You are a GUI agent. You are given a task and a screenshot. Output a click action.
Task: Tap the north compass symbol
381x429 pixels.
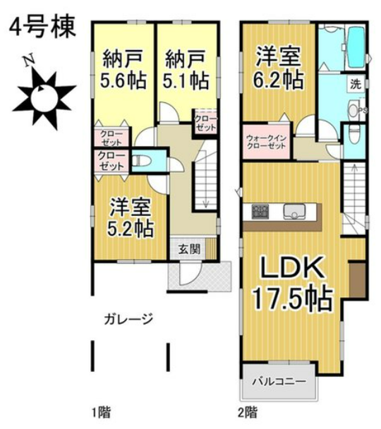click(x=46, y=92)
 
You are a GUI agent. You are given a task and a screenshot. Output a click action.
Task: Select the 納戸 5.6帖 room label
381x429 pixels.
click(x=123, y=68)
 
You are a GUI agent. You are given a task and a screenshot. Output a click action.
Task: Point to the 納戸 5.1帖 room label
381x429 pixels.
click(x=186, y=68)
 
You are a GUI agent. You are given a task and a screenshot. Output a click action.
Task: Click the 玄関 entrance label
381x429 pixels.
click(x=188, y=248)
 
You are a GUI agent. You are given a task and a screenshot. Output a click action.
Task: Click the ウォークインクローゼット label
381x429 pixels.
click(x=267, y=141)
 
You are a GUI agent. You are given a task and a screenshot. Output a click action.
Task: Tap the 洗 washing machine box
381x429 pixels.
click(x=354, y=84)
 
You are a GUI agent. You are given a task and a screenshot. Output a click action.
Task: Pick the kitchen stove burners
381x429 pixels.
click(x=258, y=211)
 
